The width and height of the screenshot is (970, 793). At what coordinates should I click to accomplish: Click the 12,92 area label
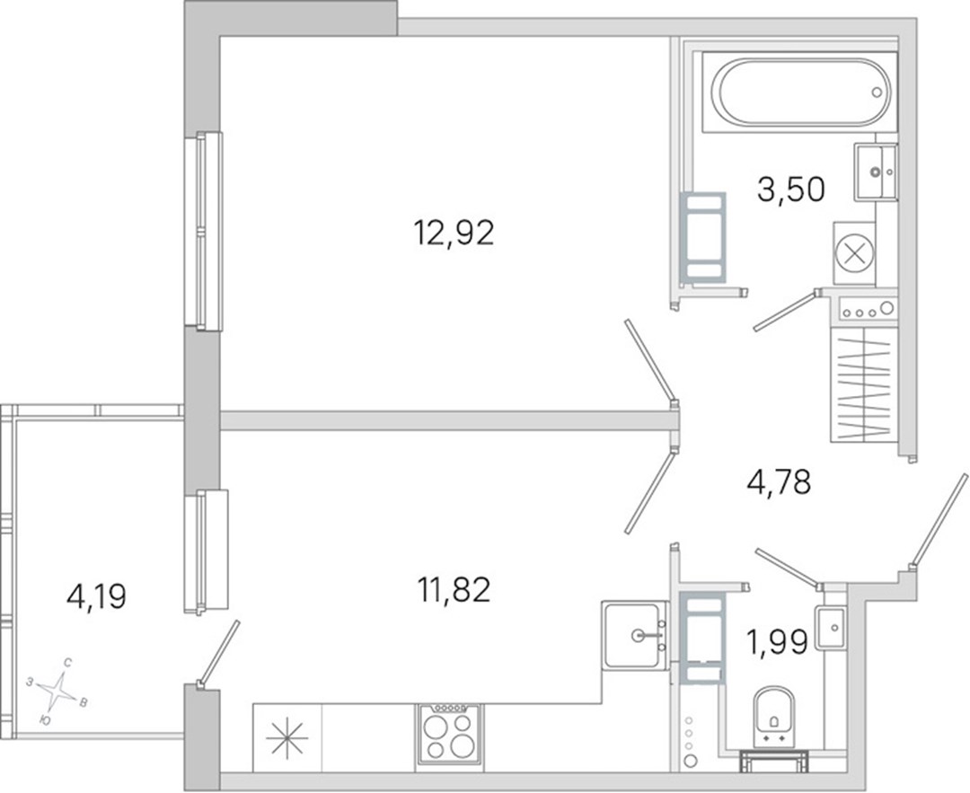[x=454, y=233]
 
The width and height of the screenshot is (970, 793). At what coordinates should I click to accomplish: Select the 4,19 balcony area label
[x=96, y=597]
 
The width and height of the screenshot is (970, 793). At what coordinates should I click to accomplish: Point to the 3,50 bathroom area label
[x=790, y=189]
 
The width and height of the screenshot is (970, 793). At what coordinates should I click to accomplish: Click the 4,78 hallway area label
[x=779, y=482]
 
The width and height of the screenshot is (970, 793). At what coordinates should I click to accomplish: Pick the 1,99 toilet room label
[x=778, y=642]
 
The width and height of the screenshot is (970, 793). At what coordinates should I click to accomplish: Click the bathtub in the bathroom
[x=800, y=93]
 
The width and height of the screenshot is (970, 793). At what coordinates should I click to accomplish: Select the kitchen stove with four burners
[x=450, y=735]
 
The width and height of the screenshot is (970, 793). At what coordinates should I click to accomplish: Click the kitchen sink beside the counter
[x=635, y=635]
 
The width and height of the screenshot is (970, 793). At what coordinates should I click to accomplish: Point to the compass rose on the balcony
[x=57, y=691]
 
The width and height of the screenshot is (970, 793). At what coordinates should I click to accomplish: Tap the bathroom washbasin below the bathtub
[x=876, y=172]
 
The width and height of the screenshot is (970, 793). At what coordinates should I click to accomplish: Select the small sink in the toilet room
[x=830, y=628]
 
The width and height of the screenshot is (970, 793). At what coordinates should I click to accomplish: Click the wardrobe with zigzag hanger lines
[x=864, y=384]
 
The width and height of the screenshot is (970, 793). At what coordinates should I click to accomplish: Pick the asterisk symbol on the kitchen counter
[x=287, y=738]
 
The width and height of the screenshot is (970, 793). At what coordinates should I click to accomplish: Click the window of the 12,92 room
[x=203, y=231]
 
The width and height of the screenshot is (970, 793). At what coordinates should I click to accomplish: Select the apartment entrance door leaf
[x=939, y=520]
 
